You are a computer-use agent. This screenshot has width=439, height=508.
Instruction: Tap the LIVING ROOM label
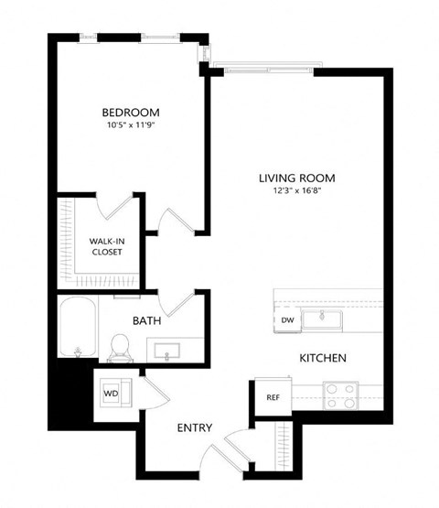click(296, 178)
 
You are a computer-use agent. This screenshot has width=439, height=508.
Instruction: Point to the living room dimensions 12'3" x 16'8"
click(296, 192)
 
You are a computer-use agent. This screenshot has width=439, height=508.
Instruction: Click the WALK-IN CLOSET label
click(107, 247)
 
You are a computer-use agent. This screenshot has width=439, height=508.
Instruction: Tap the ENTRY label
click(195, 427)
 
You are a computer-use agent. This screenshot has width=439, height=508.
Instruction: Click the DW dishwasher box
click(287, 320)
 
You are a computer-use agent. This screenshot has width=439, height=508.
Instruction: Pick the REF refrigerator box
click(272, 397)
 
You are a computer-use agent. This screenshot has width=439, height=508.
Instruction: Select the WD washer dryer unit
click(113, 394)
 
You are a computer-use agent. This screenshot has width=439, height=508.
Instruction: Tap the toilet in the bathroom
click(117, 347)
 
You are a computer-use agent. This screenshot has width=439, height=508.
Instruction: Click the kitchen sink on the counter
click(322, 320)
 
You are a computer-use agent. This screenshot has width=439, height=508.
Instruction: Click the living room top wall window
click(268, 68)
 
